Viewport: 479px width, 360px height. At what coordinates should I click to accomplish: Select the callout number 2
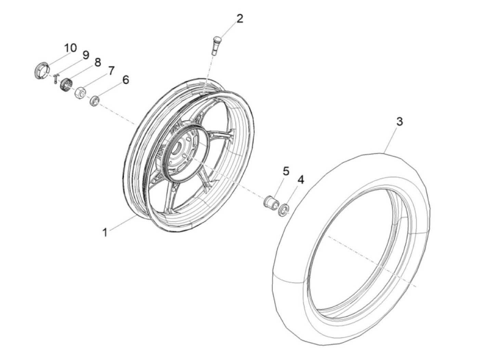pyautogui.click(x=239, y=18)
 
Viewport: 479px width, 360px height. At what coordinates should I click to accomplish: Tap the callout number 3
pyautogui.click(x=399, y=121)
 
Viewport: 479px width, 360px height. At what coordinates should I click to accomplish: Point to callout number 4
pyautogui.click(x=300, y=180)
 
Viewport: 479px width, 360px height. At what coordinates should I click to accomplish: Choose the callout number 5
pyautogui.click(x=286, y=171)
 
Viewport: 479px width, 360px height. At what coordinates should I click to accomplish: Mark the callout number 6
pyautogui.click(x=126, y=80)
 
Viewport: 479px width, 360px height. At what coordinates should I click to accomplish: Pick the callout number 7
pyautogui.click(x=111, y=71)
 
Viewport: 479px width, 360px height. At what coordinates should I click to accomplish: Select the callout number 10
pyautogui.click(x=71, y=48)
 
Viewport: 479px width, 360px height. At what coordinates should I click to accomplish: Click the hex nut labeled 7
pyautogui.click(x=80, y=92)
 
